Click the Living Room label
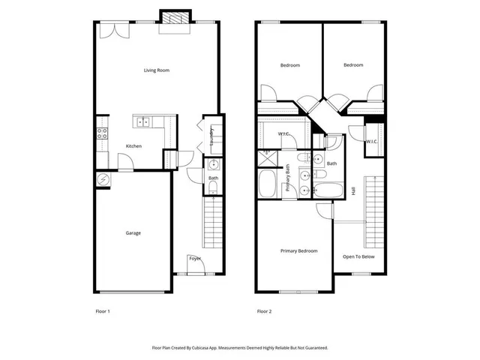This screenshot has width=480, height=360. click(x=157, y=70)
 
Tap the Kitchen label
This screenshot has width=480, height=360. click(x=133, y=146)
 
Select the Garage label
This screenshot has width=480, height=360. click(x=133, y=232)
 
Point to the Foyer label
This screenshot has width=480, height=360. click(x=195, y=259)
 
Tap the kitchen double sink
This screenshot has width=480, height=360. click(x=142, y=121)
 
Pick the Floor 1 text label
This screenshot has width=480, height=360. click(x=102, y=311)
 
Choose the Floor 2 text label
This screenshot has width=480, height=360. click(x=264, y=311)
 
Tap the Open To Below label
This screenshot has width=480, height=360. click(x=358, y=256)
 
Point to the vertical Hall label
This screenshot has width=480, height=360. click(x=353, y=191)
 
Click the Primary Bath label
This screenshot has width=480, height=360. click(x=288, y=183)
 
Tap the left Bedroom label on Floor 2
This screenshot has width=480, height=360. click(x=290, y=65)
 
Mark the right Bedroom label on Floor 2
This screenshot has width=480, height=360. click(x=353, y=65)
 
